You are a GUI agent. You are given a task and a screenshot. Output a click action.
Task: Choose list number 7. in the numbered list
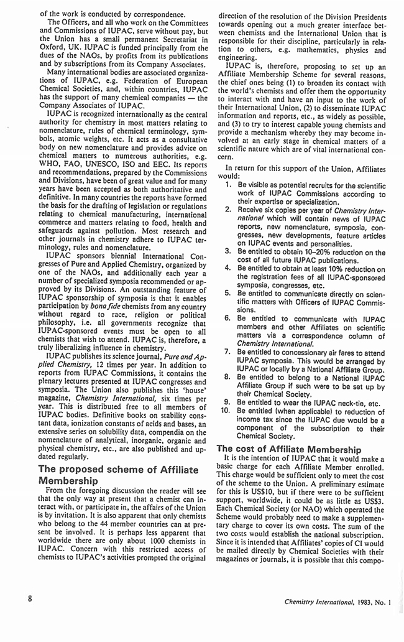(x=227, y=352)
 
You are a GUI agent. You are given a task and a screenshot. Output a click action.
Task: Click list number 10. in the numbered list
(x=226, y=411)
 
